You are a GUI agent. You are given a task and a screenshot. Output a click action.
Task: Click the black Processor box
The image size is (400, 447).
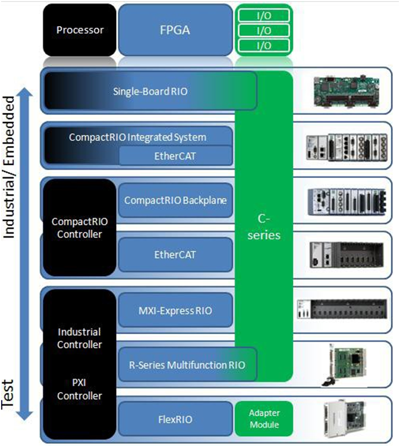[79, 29]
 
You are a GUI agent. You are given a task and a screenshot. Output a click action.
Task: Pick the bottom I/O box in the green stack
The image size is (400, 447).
[264, 45]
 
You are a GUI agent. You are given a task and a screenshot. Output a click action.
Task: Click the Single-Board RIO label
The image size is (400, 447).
[150, 91]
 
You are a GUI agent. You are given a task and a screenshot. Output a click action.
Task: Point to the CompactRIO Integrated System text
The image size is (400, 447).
[137, 137]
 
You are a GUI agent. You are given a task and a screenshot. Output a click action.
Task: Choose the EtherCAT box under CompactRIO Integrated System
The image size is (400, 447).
[175, 156]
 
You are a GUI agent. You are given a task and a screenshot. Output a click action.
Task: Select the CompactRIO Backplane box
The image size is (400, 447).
[175, 200]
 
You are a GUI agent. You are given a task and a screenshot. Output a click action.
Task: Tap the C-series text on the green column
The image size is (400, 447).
[264, 228]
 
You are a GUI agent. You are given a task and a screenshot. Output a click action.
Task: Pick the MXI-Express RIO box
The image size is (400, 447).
[175, 311]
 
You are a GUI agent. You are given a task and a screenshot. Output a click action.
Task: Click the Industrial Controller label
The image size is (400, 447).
[79, 338]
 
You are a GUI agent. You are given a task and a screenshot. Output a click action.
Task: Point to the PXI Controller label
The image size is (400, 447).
[79, 390]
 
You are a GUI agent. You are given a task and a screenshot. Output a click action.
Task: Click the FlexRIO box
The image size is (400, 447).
[175, 419]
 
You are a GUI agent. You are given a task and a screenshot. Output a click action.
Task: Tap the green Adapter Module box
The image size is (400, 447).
[264, 419]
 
